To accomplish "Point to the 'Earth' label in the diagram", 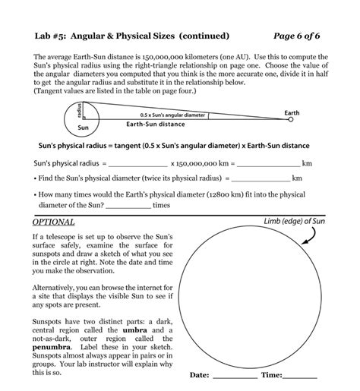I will pyautogui.click(x=292, y=112).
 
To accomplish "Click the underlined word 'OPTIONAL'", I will pyautogui.click(x=53, y=222).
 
